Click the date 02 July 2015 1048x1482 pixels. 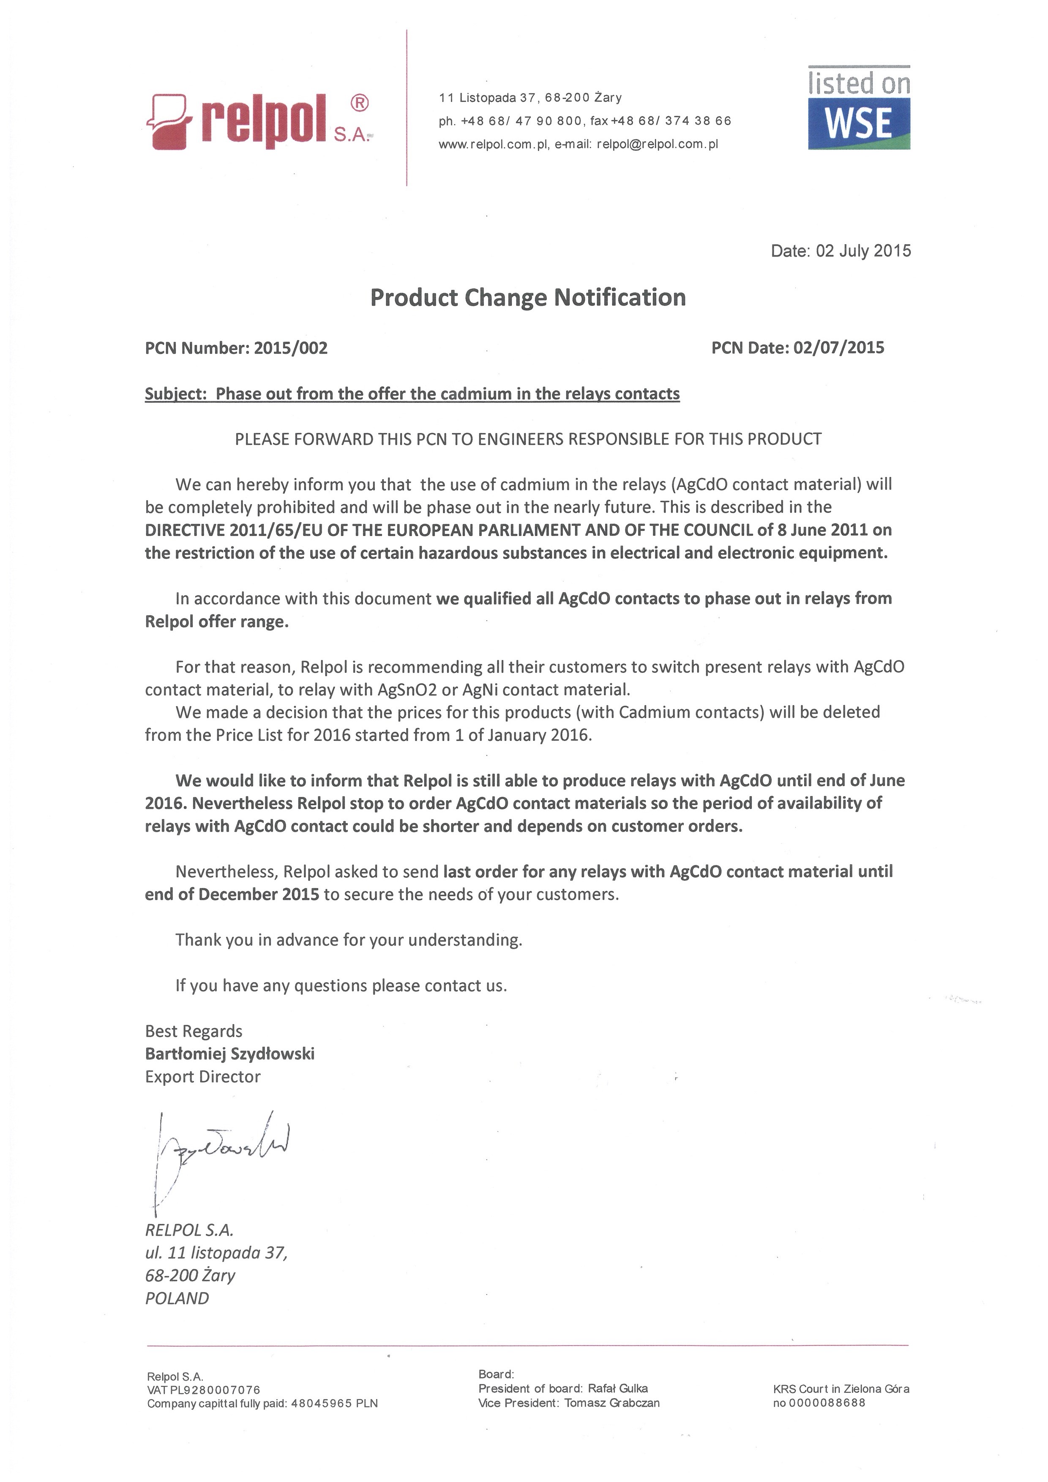[x=863, y=251]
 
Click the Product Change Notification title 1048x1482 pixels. [x=527, y=297]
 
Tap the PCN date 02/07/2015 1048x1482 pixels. [x=839, y=348]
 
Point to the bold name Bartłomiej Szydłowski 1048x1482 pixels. [x=230, y=1054]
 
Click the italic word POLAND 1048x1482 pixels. [x=177, y=1298]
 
